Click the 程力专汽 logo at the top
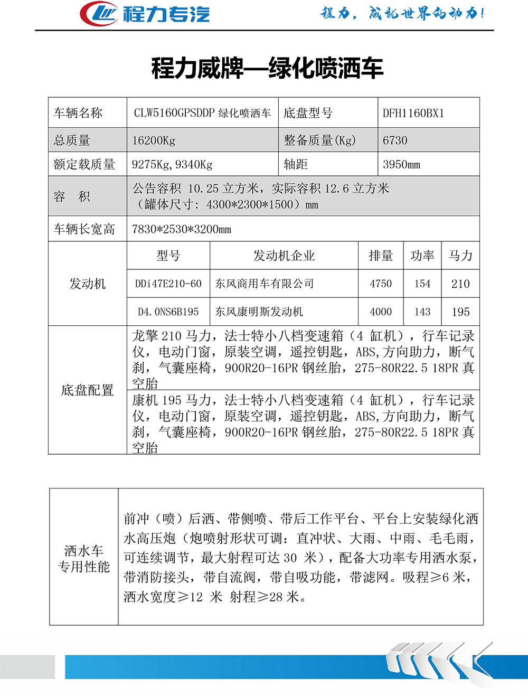[x=145, y=14]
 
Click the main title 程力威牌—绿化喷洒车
[x=267, y=68]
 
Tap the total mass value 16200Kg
[x=154, y=140]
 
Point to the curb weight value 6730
[x=395, y=140]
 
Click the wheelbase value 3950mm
[x=401, y=164]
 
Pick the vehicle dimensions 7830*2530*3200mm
[x=182, y=229]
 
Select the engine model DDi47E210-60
[x=168, y=284]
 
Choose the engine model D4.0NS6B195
[x=168, y=312]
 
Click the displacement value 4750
[x=381, y=284]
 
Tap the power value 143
[x=422, y=312]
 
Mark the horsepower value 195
[x=460, y=312]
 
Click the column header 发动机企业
[x=284, y=256]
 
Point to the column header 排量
[x=381, y=256]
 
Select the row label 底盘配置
[x=88, y=390]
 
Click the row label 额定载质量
[x=84, y=164]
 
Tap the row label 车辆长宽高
[x=84, y=229]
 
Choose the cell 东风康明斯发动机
[x=259, y=312]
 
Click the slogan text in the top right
[x=402, y=13]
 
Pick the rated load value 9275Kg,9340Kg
[x=172, y=164]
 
